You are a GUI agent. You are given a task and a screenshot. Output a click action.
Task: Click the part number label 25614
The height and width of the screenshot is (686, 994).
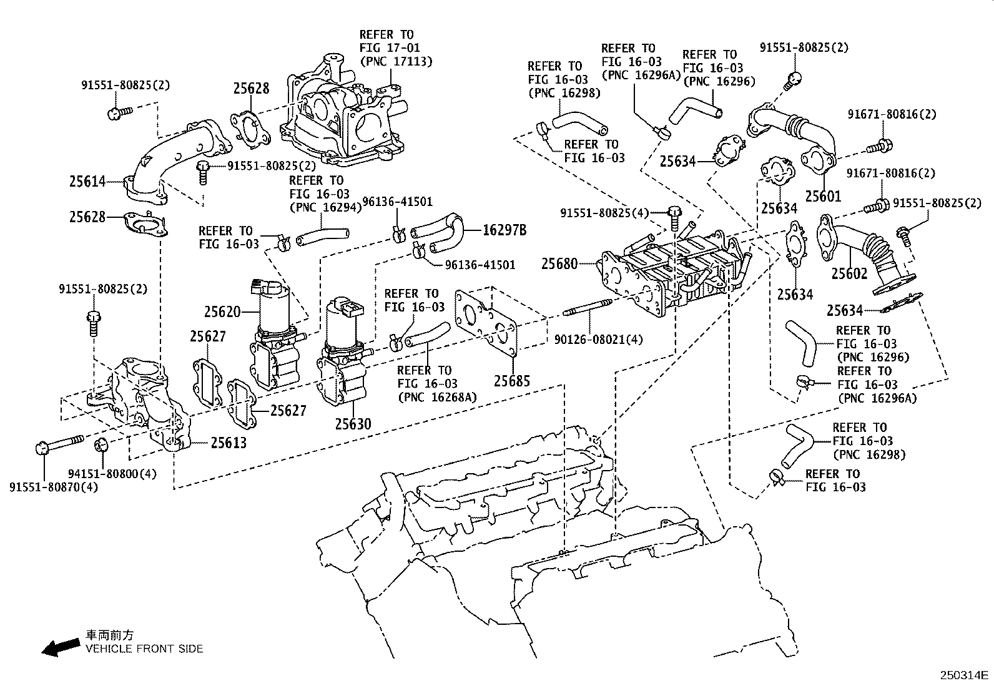pyautogui.click(x=87, y=182)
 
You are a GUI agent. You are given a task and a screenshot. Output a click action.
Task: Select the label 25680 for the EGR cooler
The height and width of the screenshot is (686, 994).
pyautogui.click(x=559, y=263)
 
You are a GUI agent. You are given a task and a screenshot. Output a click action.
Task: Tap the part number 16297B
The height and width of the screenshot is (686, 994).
pyautogui.click(x=504, y=231)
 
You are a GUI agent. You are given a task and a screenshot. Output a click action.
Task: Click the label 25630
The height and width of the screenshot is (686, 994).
pyautogui.click(x=353, y=424)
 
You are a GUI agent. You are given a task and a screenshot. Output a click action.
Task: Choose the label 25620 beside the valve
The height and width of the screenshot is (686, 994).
pyautogui.click(x=222, y=311)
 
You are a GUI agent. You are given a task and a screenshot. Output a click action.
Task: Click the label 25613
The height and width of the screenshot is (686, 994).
pyautogui.click(x=228, y=443)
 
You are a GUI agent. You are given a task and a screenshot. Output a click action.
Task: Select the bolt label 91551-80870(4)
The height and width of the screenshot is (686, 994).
pyautogui.click(x=54, y=486)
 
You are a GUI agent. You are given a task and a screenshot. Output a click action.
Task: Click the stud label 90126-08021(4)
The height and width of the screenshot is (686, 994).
pyautogui.click(x=598, y=340)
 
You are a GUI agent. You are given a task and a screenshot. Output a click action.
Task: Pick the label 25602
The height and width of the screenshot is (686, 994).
pyautogui.click(x=849, y=273)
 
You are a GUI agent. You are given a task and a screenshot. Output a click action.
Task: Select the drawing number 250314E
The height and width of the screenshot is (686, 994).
pyautogui.click(x=965, y=675)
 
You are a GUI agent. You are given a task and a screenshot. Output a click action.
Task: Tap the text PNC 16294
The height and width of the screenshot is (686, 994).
pyautogui.click(x=325, y=207)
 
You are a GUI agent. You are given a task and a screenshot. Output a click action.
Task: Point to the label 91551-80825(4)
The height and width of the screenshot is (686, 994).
pyautogui.click(x=604, y=213)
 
